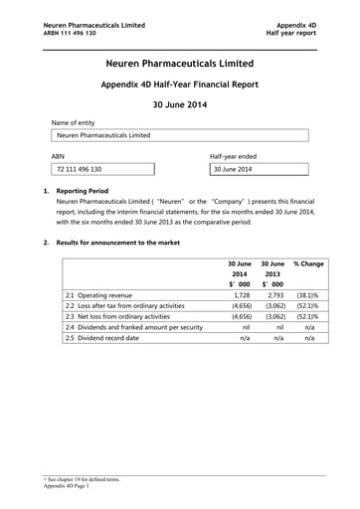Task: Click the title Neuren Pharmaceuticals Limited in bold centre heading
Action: pos(180,64)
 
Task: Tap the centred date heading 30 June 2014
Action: pos(180,107)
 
